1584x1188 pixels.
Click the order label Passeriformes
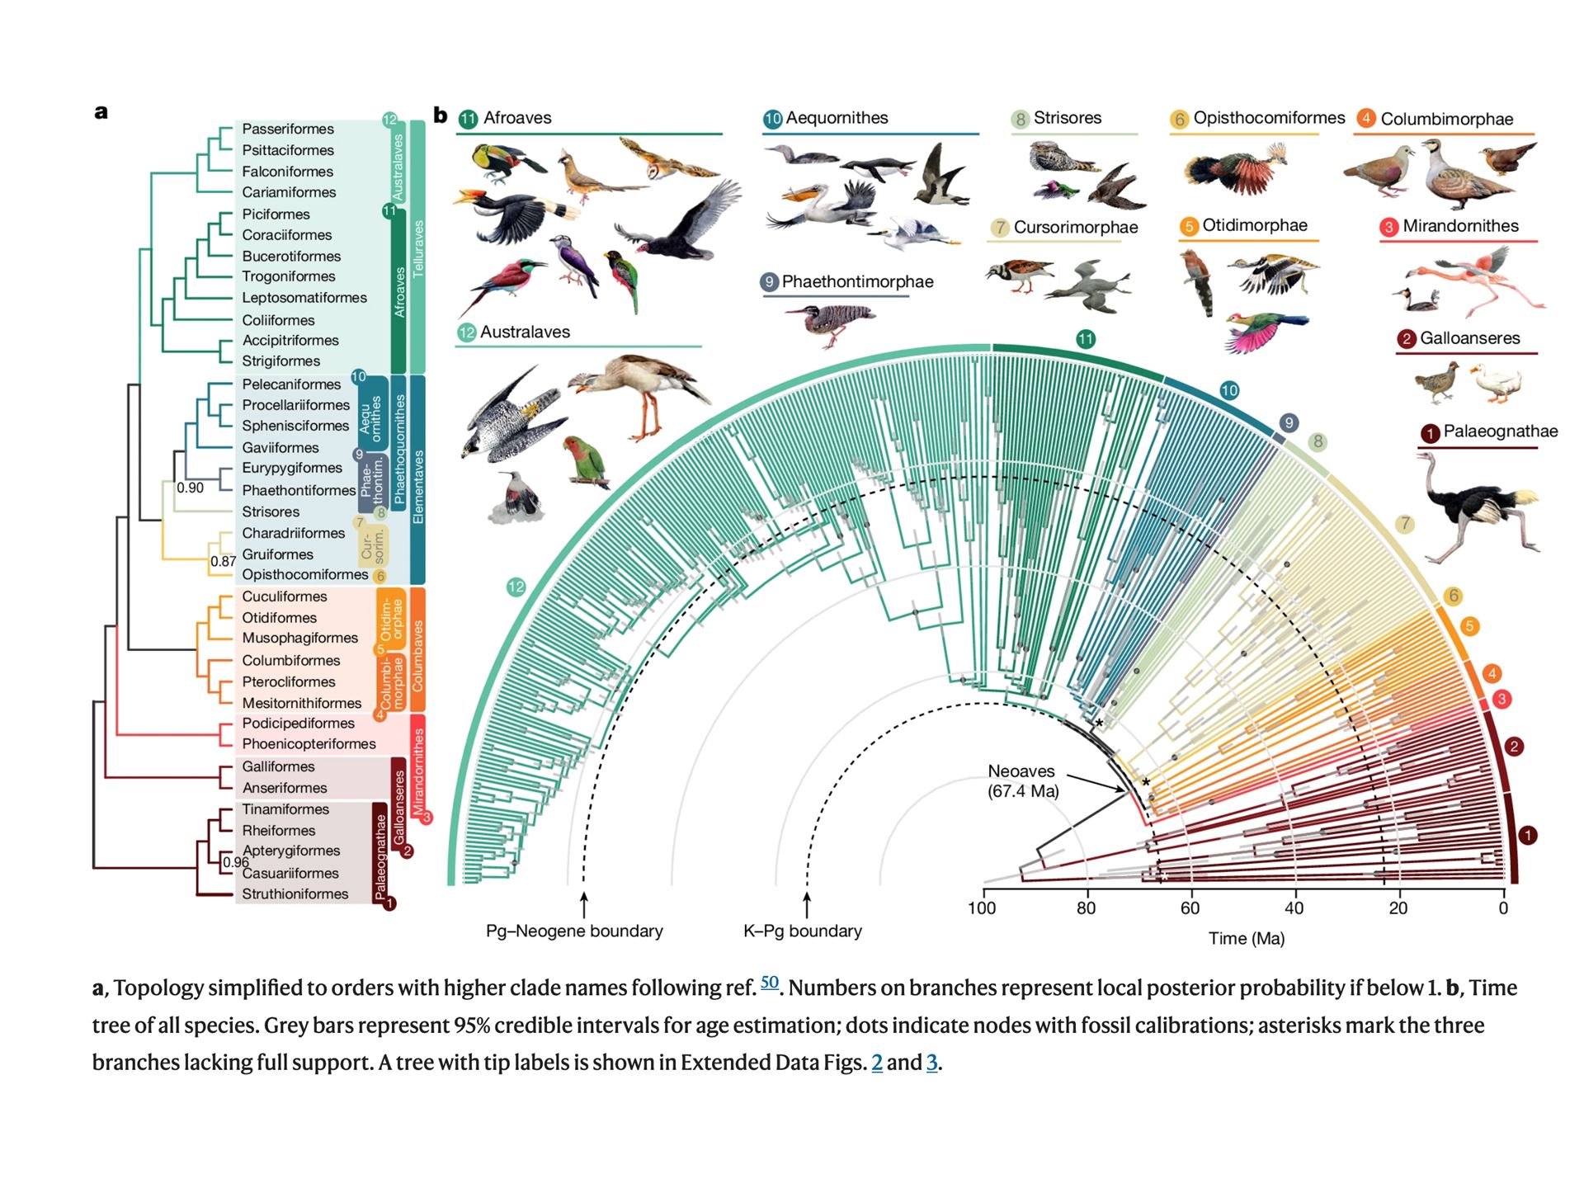coord(287,129)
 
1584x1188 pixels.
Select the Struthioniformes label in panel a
coord(295,894)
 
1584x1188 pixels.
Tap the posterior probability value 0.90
coord(190,488)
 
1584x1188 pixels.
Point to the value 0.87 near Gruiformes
coord(223,561)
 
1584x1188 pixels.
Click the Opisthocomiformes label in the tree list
coord(304,575)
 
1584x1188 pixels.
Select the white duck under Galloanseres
coord(1496,383)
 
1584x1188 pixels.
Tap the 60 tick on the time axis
coord(1190,908)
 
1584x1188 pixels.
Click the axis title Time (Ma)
coord(1246,938)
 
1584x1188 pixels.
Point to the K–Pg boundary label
coord(802,931)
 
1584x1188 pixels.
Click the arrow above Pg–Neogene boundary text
coord(584,904)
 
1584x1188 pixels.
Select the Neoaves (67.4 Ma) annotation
coord(1022,780)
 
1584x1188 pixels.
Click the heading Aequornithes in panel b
coord(837,118)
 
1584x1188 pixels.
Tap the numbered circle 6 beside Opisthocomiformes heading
coord(1179,120)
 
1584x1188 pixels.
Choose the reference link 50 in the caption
coord(769,982)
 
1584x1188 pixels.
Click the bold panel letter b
coord(441,115)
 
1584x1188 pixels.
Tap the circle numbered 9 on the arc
coord(1289,422)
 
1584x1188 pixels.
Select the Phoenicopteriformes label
coord(309,744)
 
